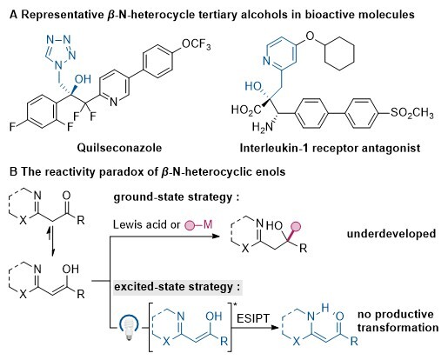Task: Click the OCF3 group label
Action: [197, 44]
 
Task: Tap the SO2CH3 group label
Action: [412, 112]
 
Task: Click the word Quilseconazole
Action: [119, 148]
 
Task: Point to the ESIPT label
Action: [253, 318]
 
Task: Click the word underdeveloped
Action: [391, 234]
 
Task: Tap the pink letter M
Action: [208, 224]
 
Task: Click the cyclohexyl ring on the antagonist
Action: [339, 54]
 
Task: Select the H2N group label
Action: [263, 127]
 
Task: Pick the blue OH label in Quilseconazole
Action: [83, 79]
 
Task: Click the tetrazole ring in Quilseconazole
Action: [59, 51]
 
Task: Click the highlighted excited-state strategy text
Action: [177, 287]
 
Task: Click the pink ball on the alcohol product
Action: [296, 227]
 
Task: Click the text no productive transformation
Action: [398, 321]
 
